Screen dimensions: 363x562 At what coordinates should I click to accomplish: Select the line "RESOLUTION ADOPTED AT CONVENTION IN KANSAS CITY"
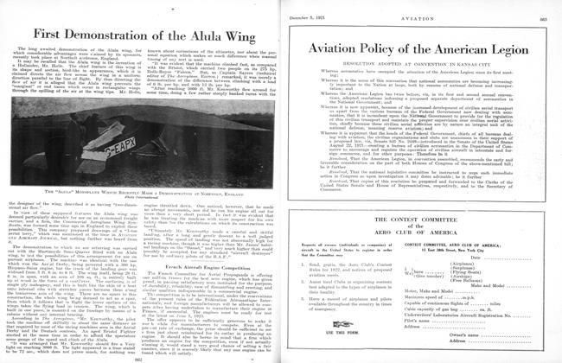click(x=418, y=79)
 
